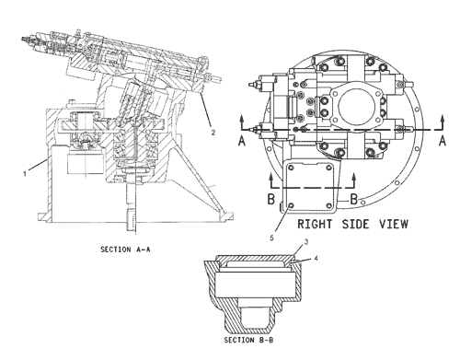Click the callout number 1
click(25, 174)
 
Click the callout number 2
click(213, 133)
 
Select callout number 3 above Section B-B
click(305, 242)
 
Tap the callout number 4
click(316, 259)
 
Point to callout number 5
click(271, 238)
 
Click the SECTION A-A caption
click(126, 250)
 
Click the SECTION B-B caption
click(248, 340)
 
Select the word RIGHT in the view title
click(315, 224)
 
